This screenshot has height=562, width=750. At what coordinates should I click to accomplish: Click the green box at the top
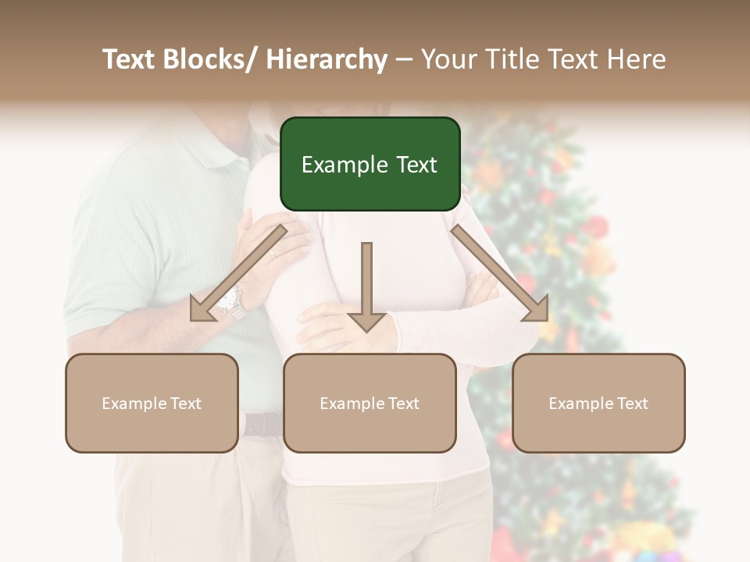click(x=370, y=164)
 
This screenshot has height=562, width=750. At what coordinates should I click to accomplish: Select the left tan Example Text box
click(x=152, y=403)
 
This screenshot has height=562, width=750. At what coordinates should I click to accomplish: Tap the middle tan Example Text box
click(x=370, y=403)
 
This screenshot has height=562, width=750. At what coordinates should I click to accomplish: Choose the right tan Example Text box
click(x=598, y=403)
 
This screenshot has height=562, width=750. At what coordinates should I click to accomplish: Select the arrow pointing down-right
click(x=500, y=273)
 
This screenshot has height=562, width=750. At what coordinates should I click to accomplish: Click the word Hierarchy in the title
click(x=327, y=59)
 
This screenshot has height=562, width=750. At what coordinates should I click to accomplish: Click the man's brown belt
click(x=262, y=424)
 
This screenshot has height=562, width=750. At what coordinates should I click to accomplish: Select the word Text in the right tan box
click(x=631, y=404)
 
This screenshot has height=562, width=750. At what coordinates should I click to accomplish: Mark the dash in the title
click(x=404, y=59)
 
